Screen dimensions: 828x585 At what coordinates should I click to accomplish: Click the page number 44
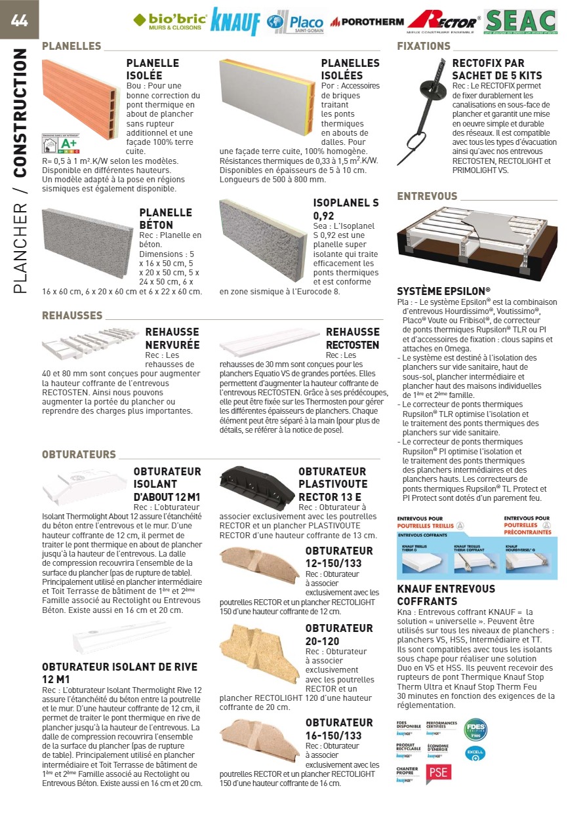[19, 20]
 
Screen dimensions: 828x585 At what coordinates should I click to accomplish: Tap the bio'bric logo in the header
[170, 21]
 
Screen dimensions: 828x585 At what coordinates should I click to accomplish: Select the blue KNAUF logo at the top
[235, 22]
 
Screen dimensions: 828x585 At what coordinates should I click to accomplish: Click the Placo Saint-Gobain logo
[296, 22]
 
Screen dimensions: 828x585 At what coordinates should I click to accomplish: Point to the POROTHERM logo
[367, 22]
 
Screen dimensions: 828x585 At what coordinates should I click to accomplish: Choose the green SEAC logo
[521, 22]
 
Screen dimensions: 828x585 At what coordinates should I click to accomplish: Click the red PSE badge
[438, 773]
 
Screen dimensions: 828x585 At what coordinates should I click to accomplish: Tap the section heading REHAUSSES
[72, 315]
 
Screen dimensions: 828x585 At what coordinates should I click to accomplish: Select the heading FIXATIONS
[424, 46]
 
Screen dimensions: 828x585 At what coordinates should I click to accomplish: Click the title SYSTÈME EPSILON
[443, 291]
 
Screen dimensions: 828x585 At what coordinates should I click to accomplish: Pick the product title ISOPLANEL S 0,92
[346, 208]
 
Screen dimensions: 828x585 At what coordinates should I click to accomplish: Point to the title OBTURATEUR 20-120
[338, 635]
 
